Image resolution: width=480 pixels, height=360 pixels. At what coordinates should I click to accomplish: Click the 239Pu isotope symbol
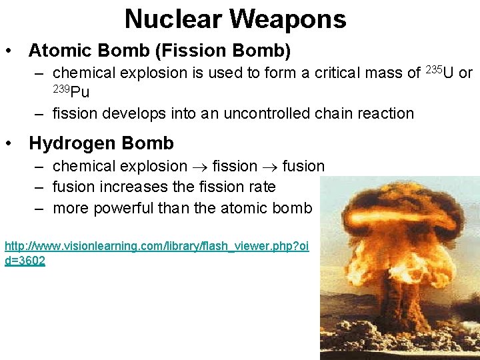click(71, 91)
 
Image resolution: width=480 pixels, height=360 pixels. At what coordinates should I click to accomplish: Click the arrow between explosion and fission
click(200, 167)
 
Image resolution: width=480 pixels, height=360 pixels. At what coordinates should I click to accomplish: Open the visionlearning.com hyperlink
click(156, 247)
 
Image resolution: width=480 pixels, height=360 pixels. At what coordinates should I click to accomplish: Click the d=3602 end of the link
click(25, 261)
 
